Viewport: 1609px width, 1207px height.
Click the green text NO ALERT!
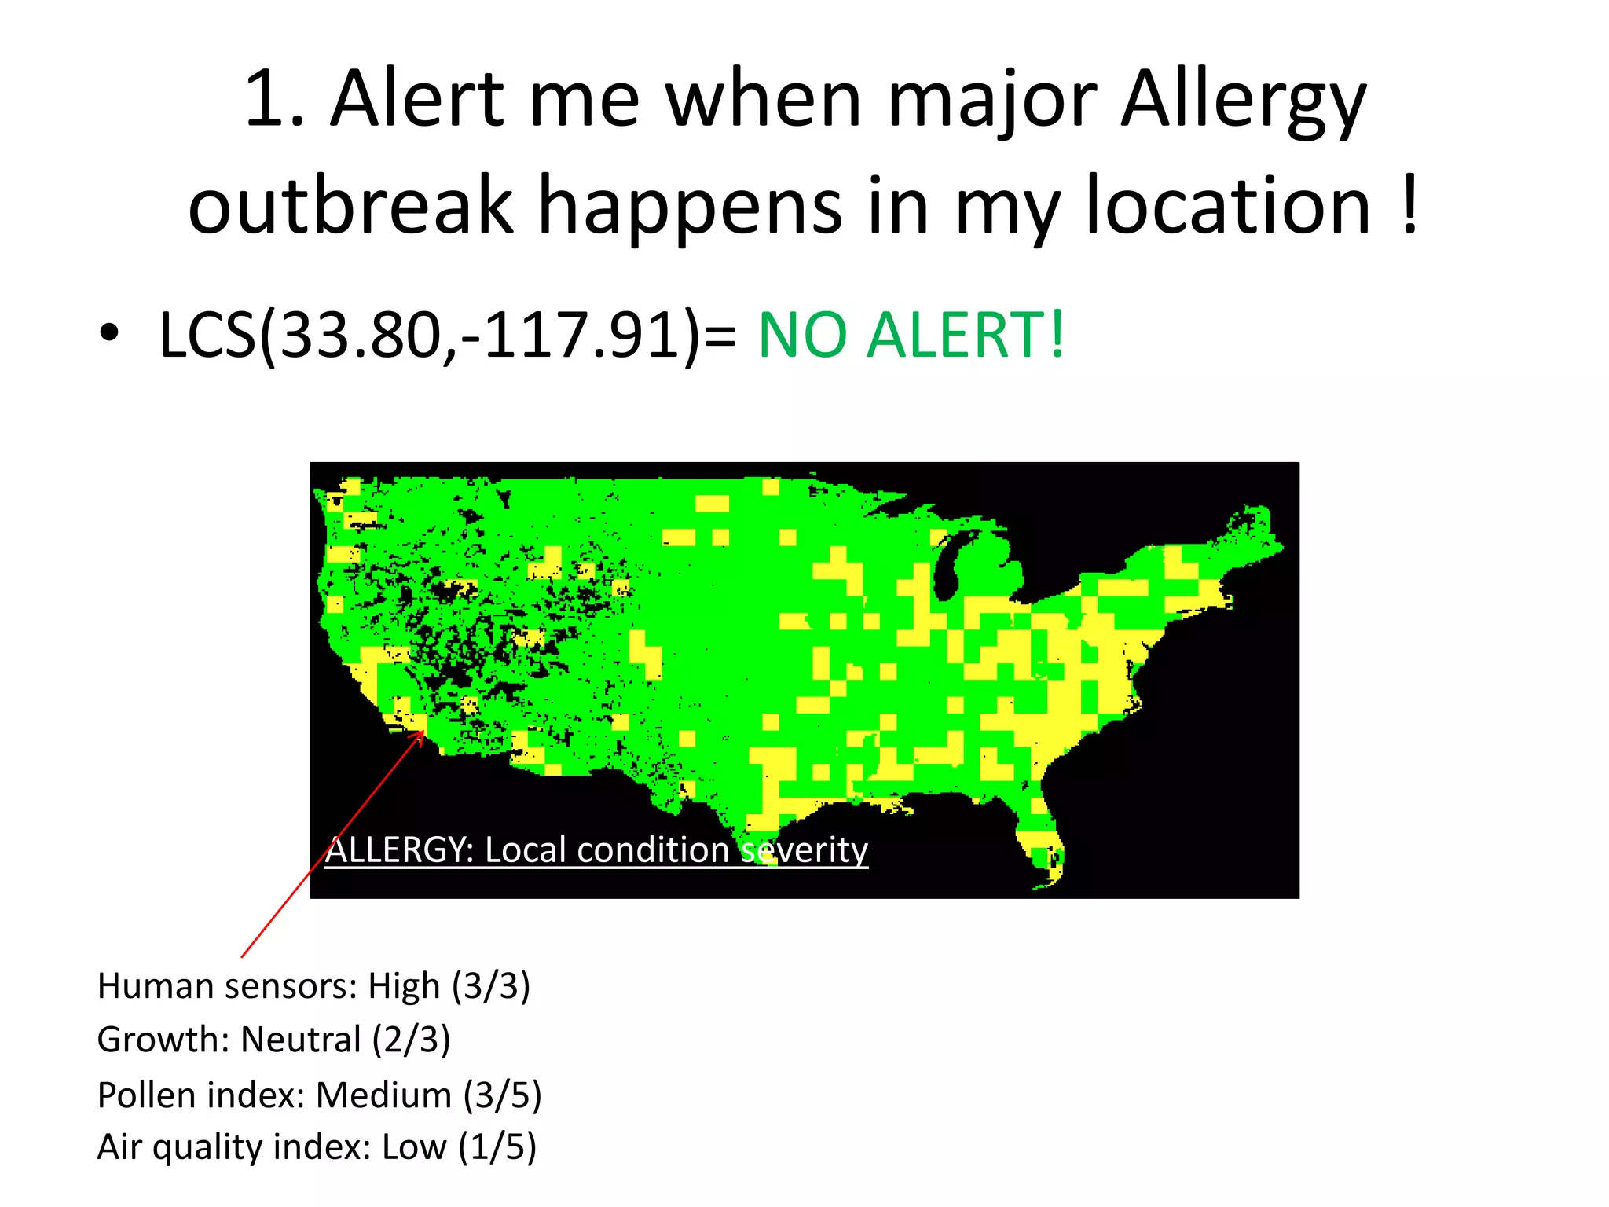pos(911,336)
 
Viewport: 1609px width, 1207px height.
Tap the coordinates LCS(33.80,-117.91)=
pos(448,336)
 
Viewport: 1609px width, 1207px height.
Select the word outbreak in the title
pos(350,206)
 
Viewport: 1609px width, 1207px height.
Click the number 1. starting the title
pos(275,101)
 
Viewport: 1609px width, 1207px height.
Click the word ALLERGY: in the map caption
pos(399,850)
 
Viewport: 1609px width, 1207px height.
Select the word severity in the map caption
pos(804,850)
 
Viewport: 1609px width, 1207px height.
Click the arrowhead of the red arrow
pos(421,736)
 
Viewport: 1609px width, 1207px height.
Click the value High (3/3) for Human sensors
pos(449,986)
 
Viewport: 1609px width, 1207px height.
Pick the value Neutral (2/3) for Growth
pos(346,1040)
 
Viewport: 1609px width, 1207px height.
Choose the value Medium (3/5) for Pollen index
pos(429,1095)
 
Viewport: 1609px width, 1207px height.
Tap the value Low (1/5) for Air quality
pos(459,1147)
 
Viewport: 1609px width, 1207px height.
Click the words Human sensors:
pos(227,986)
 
